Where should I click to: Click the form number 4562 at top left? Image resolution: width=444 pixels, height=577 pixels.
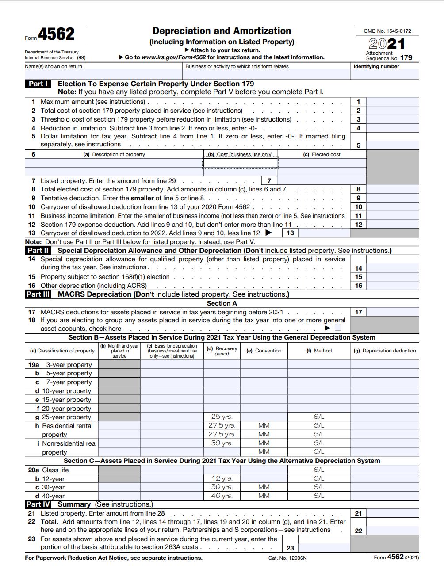click(x=56, y=34)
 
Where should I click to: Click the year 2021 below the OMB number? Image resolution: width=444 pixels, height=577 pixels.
click(x=387, y=44)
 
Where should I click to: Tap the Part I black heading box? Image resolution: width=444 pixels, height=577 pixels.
click(x=38, y=84)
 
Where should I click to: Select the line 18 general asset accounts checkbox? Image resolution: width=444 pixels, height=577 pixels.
click(x=338, y=328)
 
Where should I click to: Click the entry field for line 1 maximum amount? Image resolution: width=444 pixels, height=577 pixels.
click(x=393, y=102)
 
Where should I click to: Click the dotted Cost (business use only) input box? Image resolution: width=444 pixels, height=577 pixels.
click(x=240, y=163)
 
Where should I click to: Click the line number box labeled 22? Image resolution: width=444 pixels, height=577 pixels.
click(x=358, y=531)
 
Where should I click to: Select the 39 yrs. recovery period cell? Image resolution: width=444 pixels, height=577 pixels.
click(x=222, y=443)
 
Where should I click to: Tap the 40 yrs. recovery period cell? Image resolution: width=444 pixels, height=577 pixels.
click(x=222, y=496)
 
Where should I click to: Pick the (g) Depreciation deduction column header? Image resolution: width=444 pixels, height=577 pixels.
click(x=385, y=351)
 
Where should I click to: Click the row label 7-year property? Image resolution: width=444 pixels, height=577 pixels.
click(x=69, y=382)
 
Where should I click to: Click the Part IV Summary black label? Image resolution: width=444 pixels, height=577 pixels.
click(x=38, y=504)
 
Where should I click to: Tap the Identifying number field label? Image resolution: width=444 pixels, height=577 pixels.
click(x=376, y=66)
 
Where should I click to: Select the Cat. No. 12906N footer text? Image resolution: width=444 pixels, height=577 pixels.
click(x=287, y=558)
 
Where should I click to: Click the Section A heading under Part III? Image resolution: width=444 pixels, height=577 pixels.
click(x=222, y=303)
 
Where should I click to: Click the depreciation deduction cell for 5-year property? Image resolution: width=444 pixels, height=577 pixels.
click(x=385, y=373)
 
